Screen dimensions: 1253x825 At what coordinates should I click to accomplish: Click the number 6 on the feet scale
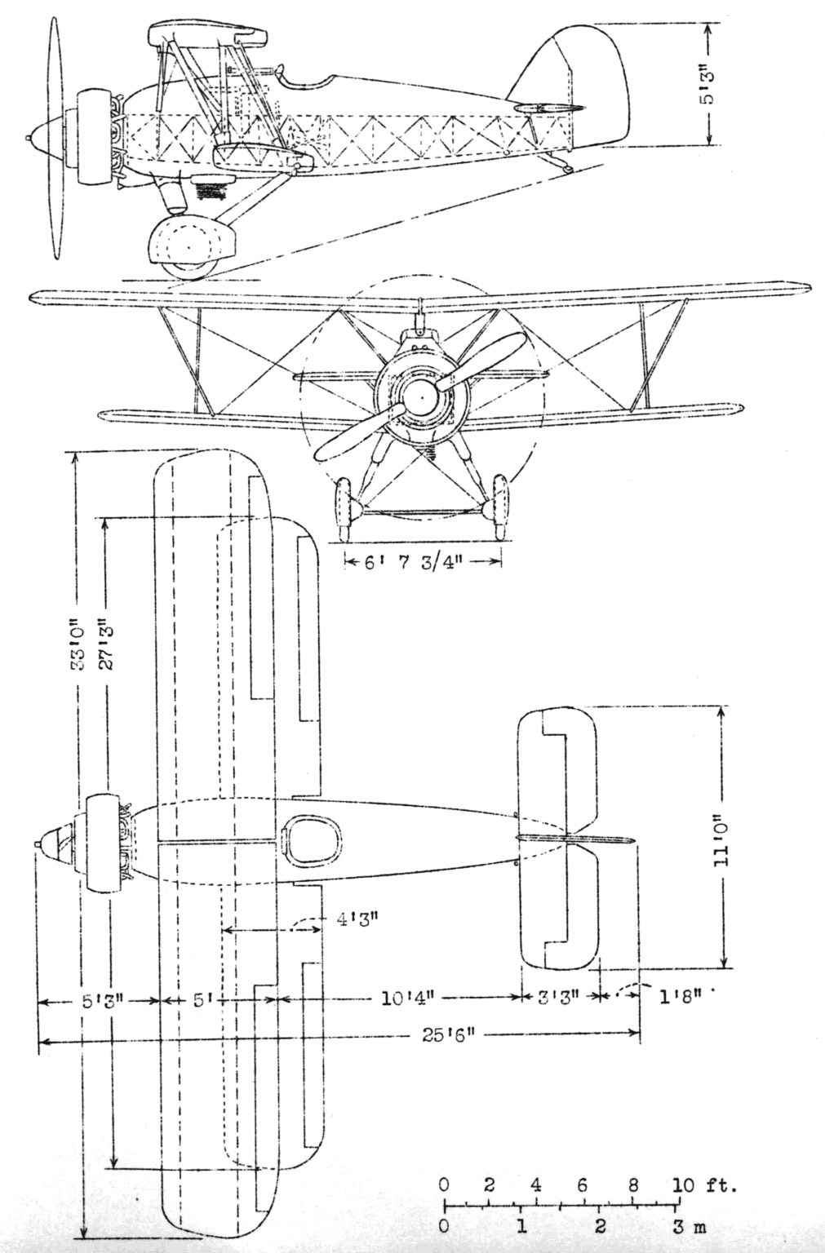pyautogui.click(x=583, y=1184)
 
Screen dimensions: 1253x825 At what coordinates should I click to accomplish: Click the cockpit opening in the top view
pyautogui.click(x=312, y=840)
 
